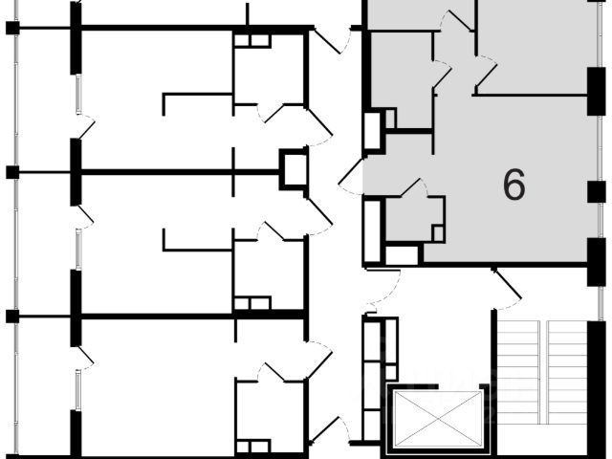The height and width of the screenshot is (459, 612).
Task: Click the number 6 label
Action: coord(514,185)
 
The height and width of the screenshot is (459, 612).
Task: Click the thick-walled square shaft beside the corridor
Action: coord(294,169)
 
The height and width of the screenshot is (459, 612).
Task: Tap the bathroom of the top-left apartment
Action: coord(269,72)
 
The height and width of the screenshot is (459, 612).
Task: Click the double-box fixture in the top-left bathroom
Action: coord(252,40)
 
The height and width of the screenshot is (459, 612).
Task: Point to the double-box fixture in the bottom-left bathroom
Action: coord(252,446)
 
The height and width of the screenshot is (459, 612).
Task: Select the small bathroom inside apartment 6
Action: coord(413,218)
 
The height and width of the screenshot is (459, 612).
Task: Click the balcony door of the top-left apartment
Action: coord(84,127)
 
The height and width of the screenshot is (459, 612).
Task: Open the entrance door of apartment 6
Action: coord(352,177)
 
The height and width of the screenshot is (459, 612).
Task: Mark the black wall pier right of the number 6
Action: coord(596,191)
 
